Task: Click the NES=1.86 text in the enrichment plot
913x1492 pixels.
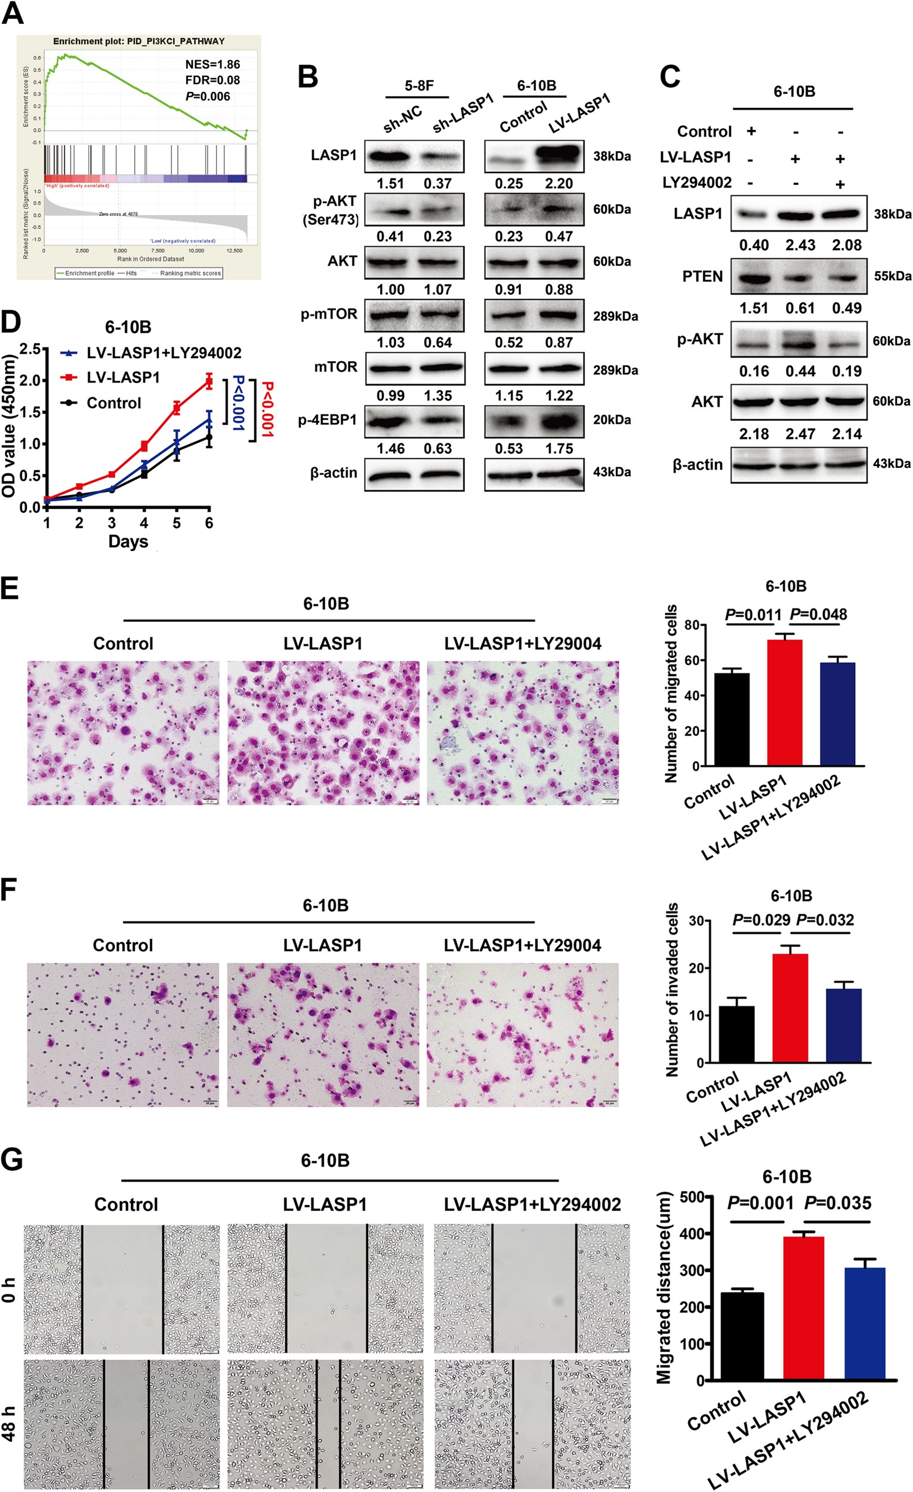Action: click(212, 64)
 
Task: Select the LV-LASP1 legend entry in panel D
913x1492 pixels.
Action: click(123, 378)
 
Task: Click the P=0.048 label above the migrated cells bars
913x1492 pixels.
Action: click(819, 615)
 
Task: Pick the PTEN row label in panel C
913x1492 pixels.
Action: click(702, 277)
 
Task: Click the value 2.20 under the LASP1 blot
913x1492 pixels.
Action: click(558, 183)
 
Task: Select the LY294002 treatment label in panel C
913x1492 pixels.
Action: click(697, 182)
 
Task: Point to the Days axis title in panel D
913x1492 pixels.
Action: click(128, 541)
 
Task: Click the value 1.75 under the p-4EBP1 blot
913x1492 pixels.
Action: click(558, 449)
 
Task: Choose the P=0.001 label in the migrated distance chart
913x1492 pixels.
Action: click(760, 1203)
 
